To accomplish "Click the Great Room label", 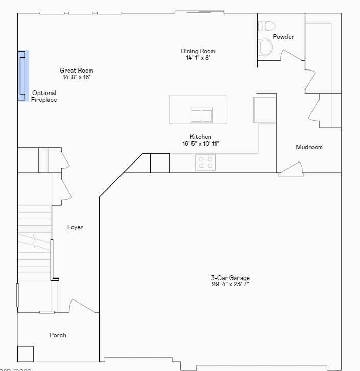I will point(76,71).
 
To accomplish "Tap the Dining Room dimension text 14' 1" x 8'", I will point(198,58).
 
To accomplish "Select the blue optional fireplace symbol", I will point(22,76).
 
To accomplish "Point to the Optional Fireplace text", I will point(44,96).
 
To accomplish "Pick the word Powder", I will point(283,37).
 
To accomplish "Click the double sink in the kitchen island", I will point(201,115).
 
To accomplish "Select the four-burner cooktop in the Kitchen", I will point(206,162).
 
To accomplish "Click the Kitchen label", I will point(200,137).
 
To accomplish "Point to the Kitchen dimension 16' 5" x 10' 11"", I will point(200,144).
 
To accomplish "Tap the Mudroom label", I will point(309,147).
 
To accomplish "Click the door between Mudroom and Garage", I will point(292,169).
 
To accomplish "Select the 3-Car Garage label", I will point(230,278).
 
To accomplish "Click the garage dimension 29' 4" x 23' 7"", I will point(230,284).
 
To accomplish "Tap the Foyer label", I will point(75,227).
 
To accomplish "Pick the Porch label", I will point(58,335).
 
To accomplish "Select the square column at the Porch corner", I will point(25,354).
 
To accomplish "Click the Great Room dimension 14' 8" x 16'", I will point(77,77).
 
